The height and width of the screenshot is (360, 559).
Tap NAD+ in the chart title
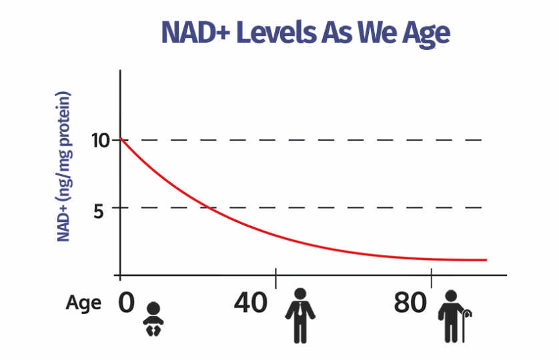[x=195, y=33]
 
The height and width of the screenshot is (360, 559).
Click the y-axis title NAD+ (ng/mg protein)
[x=64, y=167]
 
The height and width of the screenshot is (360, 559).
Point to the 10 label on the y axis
[x=100, y=141]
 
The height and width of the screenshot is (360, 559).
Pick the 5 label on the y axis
[x=99, y=212]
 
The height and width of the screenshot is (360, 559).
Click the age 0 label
[x=126, y=303]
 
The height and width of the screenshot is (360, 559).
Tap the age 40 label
[x=250, y=303]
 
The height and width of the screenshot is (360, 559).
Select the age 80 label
[x=410, y=303]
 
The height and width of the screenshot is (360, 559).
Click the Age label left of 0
[x=83, y=303]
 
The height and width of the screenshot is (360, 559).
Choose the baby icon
[x=153, y=319]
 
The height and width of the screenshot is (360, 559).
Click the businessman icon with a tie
[x=300, y=316]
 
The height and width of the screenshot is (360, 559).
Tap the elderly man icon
[x=454, y=317]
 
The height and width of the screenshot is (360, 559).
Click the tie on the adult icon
[x=301, y=309]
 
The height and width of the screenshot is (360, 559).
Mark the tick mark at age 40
[x=275, y=279]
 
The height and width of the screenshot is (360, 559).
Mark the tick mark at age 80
[x=432, y=279]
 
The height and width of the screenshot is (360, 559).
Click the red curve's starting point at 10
[x=121, y=138]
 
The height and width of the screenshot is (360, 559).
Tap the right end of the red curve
[x=486, y=260]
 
